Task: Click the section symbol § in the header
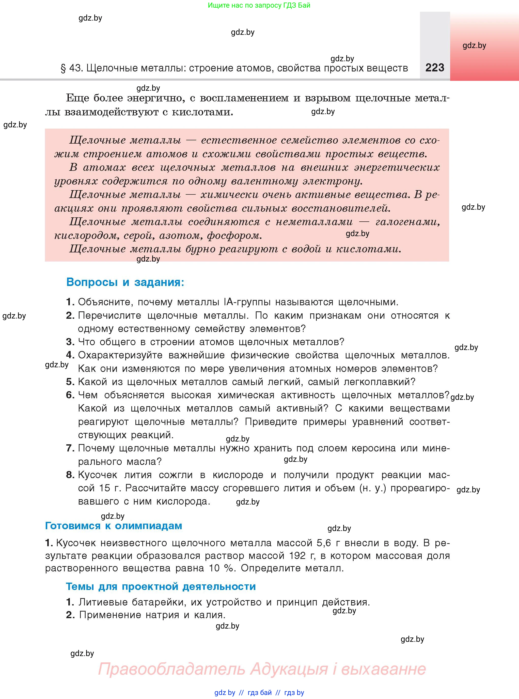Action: pos(63,69)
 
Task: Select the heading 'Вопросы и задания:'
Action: pos(125,282)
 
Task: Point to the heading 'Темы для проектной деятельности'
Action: pos(161,586)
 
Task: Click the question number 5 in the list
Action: pos(70,382)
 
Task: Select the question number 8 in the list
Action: pos(70,475)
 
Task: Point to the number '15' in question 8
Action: pos(105,488)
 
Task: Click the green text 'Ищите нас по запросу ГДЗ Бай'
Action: pos(259,5)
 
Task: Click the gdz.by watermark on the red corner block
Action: pos(474,45)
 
